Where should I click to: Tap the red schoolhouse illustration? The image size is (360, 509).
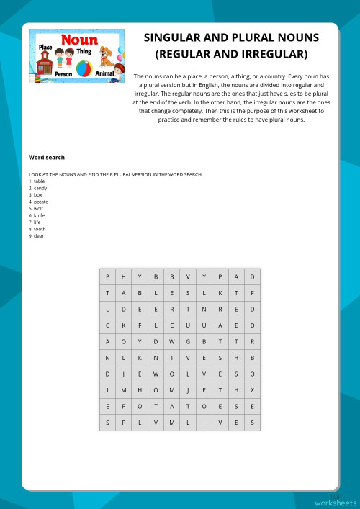coord(44,65)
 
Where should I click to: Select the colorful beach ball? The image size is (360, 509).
coord(84,69)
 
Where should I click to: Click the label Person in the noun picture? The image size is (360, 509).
coord(63,73)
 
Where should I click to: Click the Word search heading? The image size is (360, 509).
coord(46,157)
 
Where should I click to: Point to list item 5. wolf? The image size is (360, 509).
coord(36,208)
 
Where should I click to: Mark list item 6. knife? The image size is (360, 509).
coord(37,215)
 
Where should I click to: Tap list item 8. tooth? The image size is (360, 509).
coord(37,229)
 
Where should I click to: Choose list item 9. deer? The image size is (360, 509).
coord(36,235)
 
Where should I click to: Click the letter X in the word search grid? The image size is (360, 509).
coord(252,390)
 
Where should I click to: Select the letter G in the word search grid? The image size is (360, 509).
coord(188,341)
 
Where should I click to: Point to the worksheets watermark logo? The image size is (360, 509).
coord(336,500)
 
